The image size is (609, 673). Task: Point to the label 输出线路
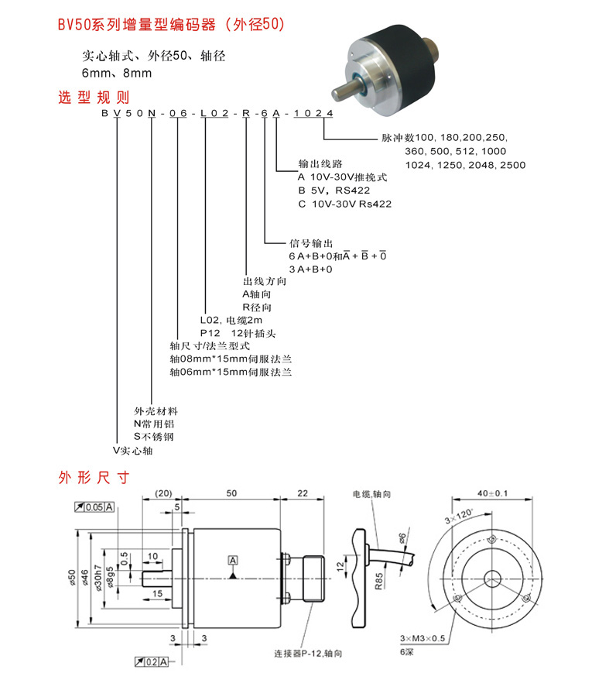point(320,164)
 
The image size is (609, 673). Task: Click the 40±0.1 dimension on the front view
point(492,493)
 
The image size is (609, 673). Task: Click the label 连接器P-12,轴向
point(307,653)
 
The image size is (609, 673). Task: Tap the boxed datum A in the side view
point(233,559)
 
